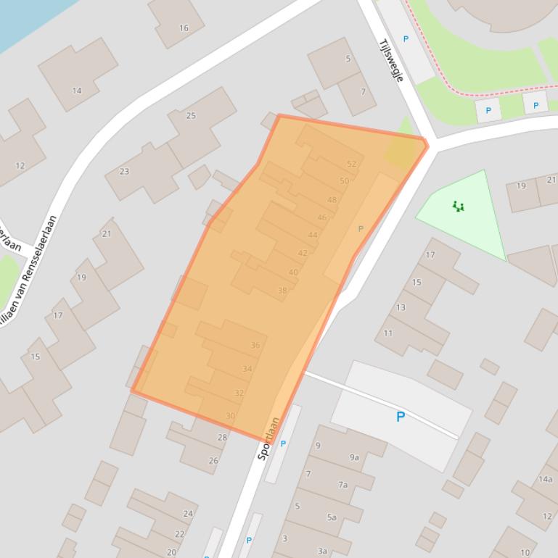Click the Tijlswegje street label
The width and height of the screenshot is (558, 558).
click(390, 60)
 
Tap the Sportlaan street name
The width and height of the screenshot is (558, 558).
click(268, 438)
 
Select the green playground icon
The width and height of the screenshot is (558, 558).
click(458, 207)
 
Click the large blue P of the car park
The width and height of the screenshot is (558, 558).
click(400, 417)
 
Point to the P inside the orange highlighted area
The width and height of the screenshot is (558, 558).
click(361, 229)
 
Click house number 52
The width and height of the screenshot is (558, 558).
click(352, 165)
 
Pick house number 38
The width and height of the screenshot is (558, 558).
click(282, 291)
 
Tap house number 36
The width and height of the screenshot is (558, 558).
click(255, 346)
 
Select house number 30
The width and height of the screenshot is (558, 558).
click(230, 416)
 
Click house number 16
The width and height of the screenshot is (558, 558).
click(184, 28)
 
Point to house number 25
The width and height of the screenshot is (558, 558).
click(191, 116)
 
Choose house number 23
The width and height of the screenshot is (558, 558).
click(124, 172)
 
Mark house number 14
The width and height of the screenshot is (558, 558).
click(77, 91)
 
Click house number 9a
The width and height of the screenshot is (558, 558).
click(354, 457)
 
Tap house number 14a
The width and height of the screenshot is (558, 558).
click(545, 479)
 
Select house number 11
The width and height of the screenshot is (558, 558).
click(388, 333)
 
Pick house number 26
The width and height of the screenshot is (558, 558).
click(213, 461)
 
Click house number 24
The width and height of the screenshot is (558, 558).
click(188, 514)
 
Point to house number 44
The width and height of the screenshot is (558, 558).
click(313, 235)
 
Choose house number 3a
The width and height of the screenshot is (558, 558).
click(323, 551)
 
